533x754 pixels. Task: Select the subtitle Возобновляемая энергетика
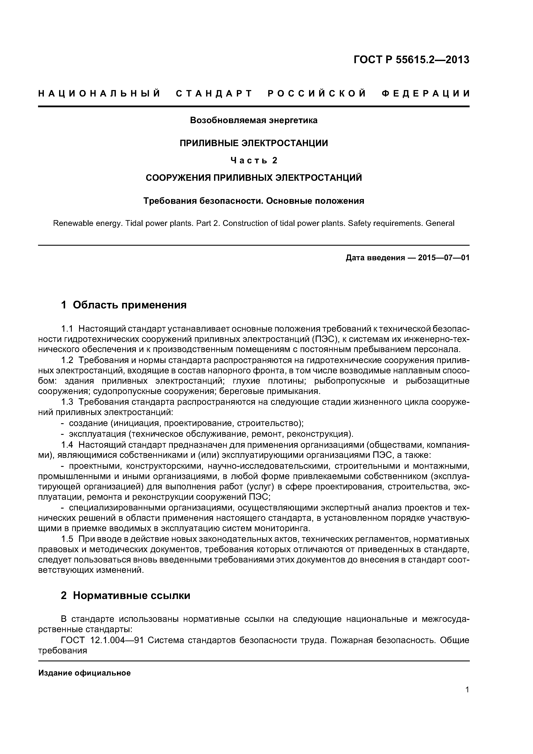(254, 121)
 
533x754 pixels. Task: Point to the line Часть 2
(254, 160)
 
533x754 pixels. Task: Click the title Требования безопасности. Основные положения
(254, 201)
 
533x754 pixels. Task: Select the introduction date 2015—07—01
(443, 257)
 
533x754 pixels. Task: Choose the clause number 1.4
(67, 445)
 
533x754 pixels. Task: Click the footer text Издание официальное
(84, 673)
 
